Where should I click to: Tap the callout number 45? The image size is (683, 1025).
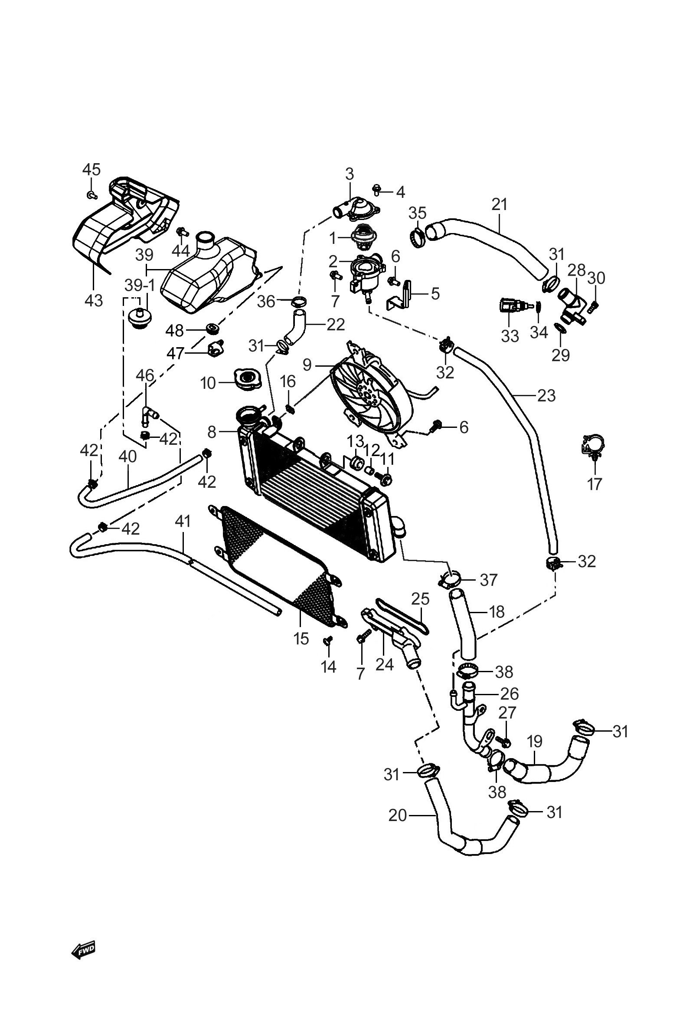pyautogui.click(x=92, y=169)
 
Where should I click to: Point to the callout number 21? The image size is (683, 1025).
pyautogui.click(x=500, y=204)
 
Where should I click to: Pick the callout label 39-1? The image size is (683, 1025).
pyautogui.click(x=139, y=286)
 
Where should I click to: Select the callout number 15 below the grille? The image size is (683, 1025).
pyautogui.click(x=301, y=639)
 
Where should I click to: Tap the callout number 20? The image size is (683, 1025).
pyautogui.click(x=397, y=815)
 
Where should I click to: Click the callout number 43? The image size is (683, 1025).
pyautogui.click(x=94, y=300)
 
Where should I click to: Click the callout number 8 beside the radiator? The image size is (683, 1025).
pyautogui.click(x=212, y=432)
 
